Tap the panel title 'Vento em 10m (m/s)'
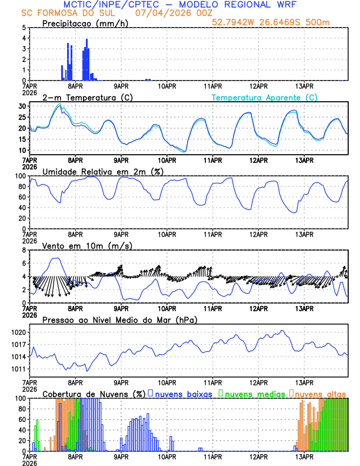(x=79, y=245)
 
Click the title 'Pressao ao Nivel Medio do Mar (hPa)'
(x=119, y=319)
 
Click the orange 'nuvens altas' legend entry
(x=321, y=394)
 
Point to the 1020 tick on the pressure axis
(x=15, y=332)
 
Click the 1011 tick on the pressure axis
(x=15, y=369)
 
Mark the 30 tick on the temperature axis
(x=19, y=106)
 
